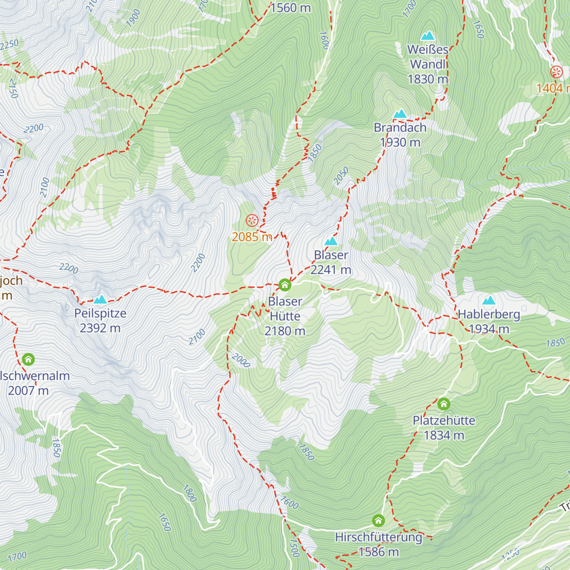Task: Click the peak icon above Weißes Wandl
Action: [x=427, y=36]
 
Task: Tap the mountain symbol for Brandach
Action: [x=400, y=114]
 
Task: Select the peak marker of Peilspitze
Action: [x=100, y=299]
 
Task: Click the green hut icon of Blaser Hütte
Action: [x=285, y=285]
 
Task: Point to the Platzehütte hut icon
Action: [x=444, y=404]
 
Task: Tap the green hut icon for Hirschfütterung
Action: [x=378, y=521]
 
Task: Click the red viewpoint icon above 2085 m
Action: [x=252, y=220]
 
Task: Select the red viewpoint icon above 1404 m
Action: [x=556, y=72]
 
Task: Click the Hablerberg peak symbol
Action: [x=489, y=300]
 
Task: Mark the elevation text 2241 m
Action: [x=331, y=270]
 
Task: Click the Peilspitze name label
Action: [x=100, y=313]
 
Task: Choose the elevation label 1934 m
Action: [x=489, y=329]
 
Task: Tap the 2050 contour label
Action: [x=341, y=176]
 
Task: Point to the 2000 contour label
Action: [x=241, y=361]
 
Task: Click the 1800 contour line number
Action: [x=190, y=493]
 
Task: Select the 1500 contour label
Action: [x=294, y=548]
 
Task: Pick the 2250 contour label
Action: [x=9, y=45]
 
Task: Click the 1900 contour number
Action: [x=133, y=18]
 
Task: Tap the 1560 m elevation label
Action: [x=290, y=8]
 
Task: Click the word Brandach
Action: [x=400, y=128]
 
